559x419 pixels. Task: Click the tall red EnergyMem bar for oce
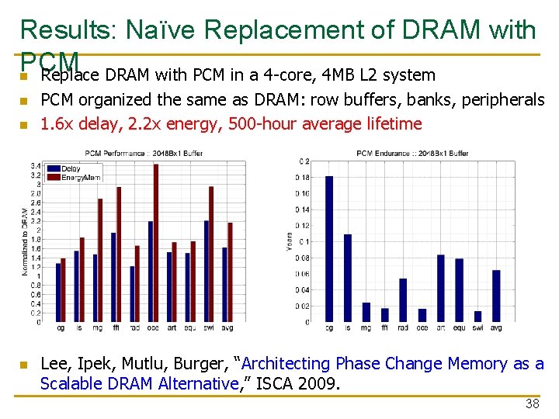pos(155,243)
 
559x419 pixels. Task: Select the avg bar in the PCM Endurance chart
pos(496,296)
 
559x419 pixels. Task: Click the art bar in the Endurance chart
pos(440,288)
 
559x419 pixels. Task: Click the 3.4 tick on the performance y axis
pos(36,165)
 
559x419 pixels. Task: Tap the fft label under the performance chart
pos(116,328)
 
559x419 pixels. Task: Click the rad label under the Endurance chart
pos(403,328)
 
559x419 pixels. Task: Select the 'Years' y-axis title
pos(290,241)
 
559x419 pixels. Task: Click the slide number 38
pos(532,403)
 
